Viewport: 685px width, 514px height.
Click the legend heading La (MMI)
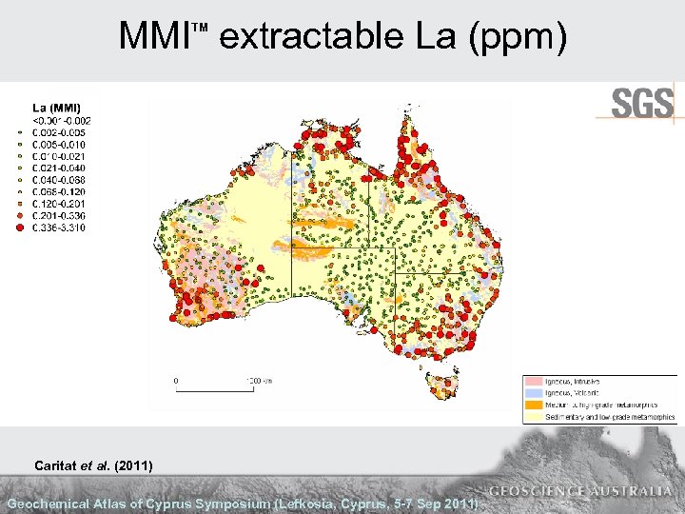coord(57,108)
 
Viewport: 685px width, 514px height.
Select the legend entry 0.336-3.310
coord(62,228)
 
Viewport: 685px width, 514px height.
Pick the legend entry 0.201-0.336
coord(62,216)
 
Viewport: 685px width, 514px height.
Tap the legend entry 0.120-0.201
coord(62,204)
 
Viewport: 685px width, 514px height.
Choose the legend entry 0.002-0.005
coord(62,132)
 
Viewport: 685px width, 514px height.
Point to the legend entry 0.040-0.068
coord(62,180)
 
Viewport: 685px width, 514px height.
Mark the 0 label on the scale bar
coord(174,379)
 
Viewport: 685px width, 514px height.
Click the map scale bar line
coord(213,388)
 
